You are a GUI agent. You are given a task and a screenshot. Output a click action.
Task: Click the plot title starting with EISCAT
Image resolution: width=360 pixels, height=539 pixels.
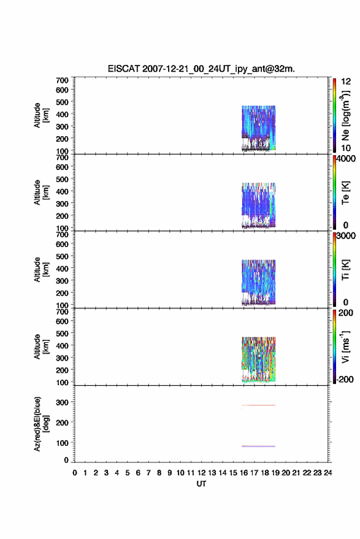click(201, 69)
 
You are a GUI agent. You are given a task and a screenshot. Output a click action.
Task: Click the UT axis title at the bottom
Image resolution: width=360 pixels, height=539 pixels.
click(201, 484)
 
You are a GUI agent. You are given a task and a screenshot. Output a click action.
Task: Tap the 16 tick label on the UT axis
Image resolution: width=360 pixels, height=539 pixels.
click(243, 473)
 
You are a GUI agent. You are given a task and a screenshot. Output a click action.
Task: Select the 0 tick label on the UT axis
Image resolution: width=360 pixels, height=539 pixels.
click(75, 473)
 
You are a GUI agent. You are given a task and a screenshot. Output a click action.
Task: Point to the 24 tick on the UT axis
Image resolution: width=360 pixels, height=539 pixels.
click(327, 473)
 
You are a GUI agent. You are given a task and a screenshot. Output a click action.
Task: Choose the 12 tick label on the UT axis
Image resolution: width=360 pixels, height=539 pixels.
click(201, 473)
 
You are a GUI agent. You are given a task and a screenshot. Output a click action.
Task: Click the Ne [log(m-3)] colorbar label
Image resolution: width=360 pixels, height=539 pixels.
click(345, 115)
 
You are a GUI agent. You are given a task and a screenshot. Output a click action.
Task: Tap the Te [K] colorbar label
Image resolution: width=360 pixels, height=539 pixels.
click(345, 193)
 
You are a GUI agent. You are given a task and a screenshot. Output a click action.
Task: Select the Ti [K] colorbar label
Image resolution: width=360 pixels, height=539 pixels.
click(345, 270)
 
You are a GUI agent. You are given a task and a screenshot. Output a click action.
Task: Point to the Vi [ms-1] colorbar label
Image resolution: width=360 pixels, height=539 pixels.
click(345, 346)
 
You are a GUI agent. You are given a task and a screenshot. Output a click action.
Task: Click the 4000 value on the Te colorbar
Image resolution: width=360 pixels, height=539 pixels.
click(346, 158)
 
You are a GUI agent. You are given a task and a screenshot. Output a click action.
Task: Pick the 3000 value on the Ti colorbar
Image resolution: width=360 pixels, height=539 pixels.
click(346, 235)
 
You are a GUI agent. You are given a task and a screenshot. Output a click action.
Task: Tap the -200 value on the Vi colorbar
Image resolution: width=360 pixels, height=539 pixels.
click(345, 379)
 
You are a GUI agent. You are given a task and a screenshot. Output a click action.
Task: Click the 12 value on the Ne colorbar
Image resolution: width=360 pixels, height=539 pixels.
click(346, 82)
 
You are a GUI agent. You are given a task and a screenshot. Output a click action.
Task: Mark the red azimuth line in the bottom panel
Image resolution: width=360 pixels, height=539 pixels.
click(259, 405)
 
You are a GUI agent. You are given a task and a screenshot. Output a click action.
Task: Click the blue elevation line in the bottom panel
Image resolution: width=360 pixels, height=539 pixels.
click(259, 446)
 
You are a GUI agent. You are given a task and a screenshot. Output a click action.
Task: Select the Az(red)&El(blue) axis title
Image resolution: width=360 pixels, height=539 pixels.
click(41, 424)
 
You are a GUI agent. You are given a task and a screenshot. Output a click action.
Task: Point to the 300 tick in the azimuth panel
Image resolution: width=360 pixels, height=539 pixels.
click(62, 402)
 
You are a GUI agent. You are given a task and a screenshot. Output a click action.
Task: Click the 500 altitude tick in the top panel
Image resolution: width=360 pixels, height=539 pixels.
click(62, 102)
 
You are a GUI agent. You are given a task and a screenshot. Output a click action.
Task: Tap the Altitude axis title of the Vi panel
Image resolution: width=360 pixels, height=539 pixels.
click(41, 346)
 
